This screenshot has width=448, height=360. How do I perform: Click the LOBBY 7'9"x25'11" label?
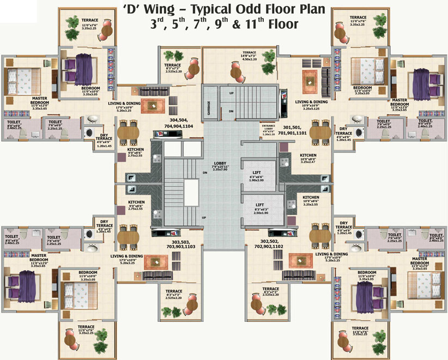pos(222,166)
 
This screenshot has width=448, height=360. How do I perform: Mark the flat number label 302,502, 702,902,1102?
pos(265,243)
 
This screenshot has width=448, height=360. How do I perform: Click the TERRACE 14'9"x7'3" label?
pos(249,56)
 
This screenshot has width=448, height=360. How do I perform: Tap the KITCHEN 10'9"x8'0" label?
pos(308,158)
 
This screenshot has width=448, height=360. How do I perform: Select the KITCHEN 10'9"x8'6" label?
pos(311,200)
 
